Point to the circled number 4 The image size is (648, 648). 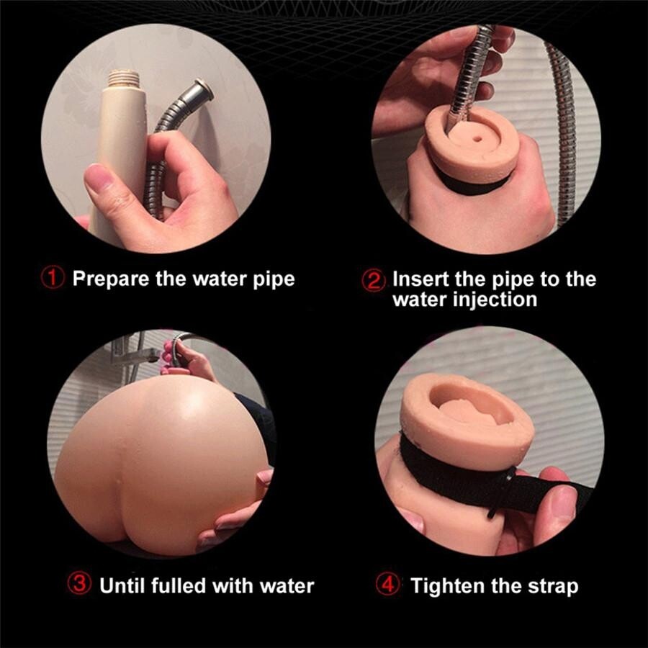(x=389, y=585)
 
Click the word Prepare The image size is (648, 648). (x=111, y=279)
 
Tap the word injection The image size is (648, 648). (x=495, y=300)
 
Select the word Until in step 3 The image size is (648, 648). (x=120, y=585)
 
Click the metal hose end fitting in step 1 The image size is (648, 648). (x=198, y=91)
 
